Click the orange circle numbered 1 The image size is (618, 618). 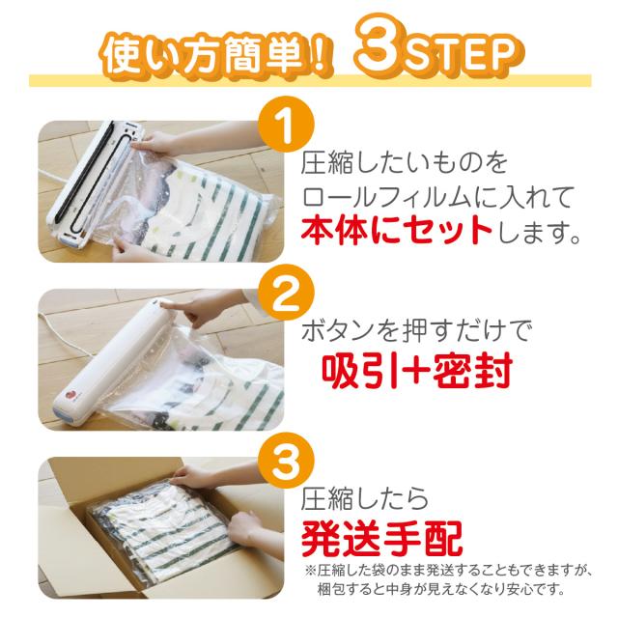tap(286, 125)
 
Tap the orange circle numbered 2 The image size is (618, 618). tap(286, 292)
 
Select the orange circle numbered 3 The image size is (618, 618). tap(286, 461)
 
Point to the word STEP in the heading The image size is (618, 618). tap(460, 55)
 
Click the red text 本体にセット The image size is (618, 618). tap(396, 230)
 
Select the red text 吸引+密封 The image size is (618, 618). tap(417, 371)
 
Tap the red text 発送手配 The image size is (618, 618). tap(380, 539)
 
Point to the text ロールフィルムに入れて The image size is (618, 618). tap(437, 197)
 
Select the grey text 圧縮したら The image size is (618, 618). tap(365, 499)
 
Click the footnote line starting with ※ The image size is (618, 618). tap(446, 571)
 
